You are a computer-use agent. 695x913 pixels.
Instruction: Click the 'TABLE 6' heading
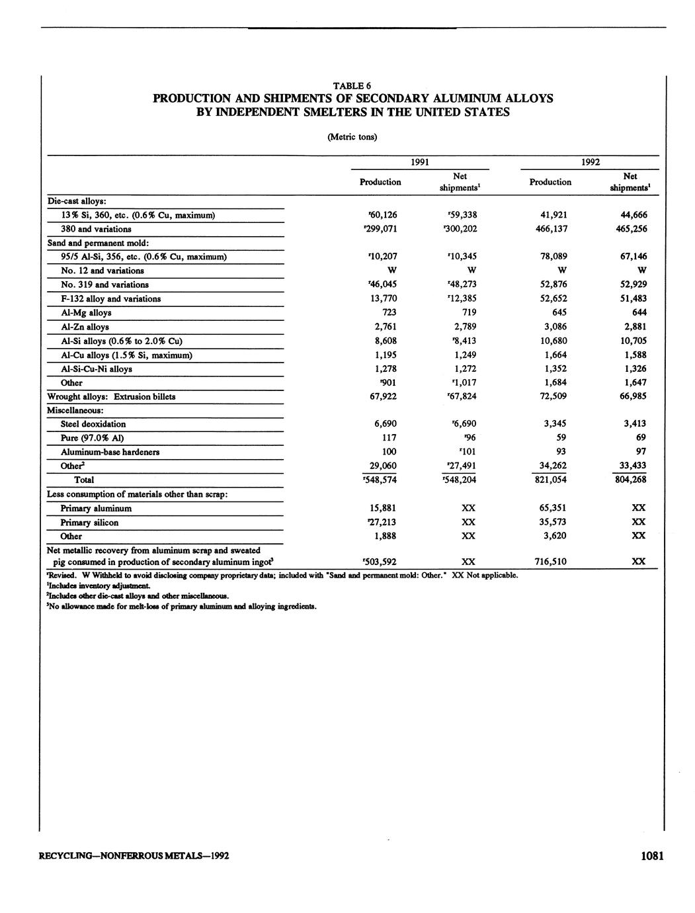(352, 85)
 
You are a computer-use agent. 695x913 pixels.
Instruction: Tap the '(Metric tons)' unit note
(352, 137)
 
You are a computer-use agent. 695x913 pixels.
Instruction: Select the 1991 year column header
(420, 162)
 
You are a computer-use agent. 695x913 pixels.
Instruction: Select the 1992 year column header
(590, 162)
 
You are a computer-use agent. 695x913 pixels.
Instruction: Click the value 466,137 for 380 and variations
(550, 229)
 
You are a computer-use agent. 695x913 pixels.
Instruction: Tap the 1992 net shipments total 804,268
(631, 480)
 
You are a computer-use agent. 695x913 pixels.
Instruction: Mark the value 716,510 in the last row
(550, 562)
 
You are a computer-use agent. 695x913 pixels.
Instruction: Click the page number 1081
(652, 856)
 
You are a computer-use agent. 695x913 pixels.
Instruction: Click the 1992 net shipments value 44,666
(631, 214)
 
